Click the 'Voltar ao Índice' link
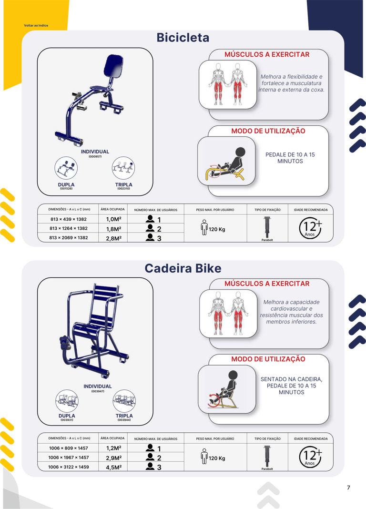click(36, 25)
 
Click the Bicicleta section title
click(183, 37)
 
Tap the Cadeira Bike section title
click(183, 268)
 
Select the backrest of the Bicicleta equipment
click(113, 66)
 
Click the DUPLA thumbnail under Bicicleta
click(66, 168)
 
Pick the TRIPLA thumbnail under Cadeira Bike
click(124, 401)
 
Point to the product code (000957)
click(95, 156)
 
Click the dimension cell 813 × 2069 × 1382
click(69, 238)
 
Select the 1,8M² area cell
click(113, 229)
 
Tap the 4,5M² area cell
click(113, 468)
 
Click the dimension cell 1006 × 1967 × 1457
click(69, 458)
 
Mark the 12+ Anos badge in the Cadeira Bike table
click(310, 457)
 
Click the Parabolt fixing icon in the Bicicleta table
click(267, 227)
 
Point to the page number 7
click(348, 488)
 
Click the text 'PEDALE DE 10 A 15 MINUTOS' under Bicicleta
click(290, 158)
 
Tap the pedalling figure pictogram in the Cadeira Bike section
click(226, 389)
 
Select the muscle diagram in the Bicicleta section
click(228, 84)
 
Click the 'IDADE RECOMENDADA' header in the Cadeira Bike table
click(311, 438)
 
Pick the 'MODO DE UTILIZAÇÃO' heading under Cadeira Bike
click(268, 359)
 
